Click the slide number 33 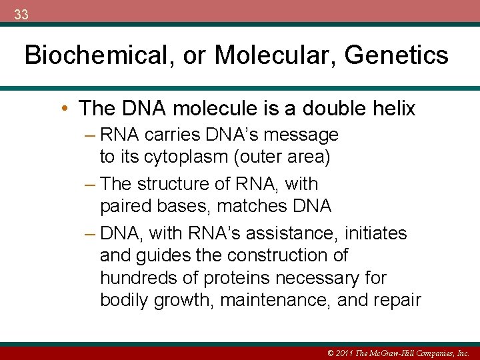pos(21,15)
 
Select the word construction pos(288,255)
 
